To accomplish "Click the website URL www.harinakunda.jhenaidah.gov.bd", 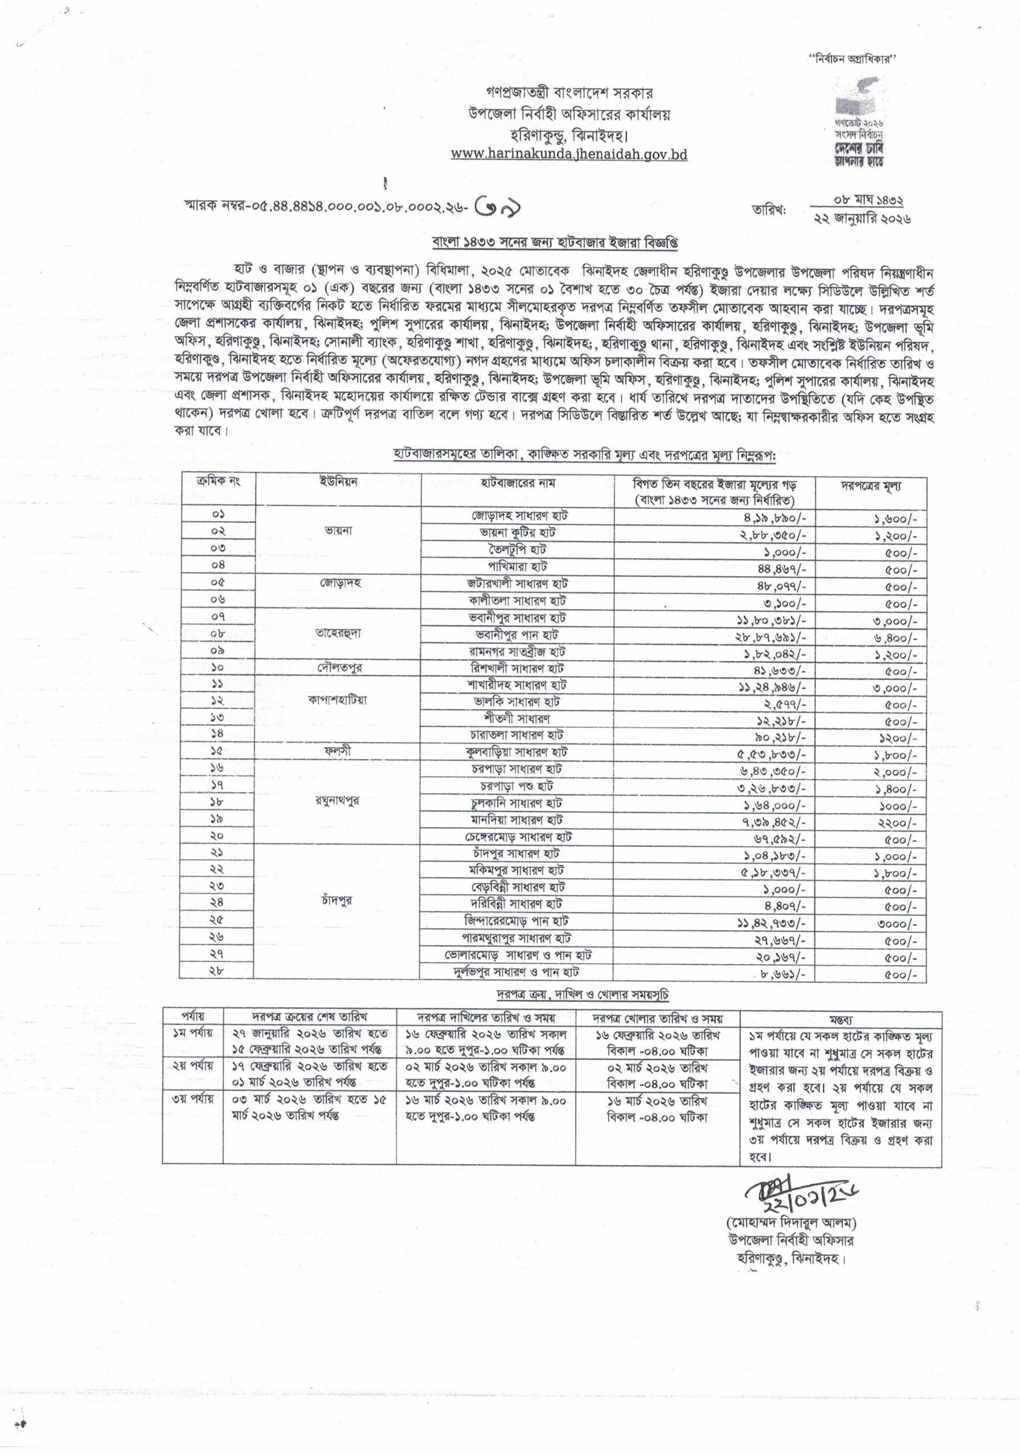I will coord(569,154).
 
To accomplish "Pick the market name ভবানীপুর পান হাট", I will coord(518,634).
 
